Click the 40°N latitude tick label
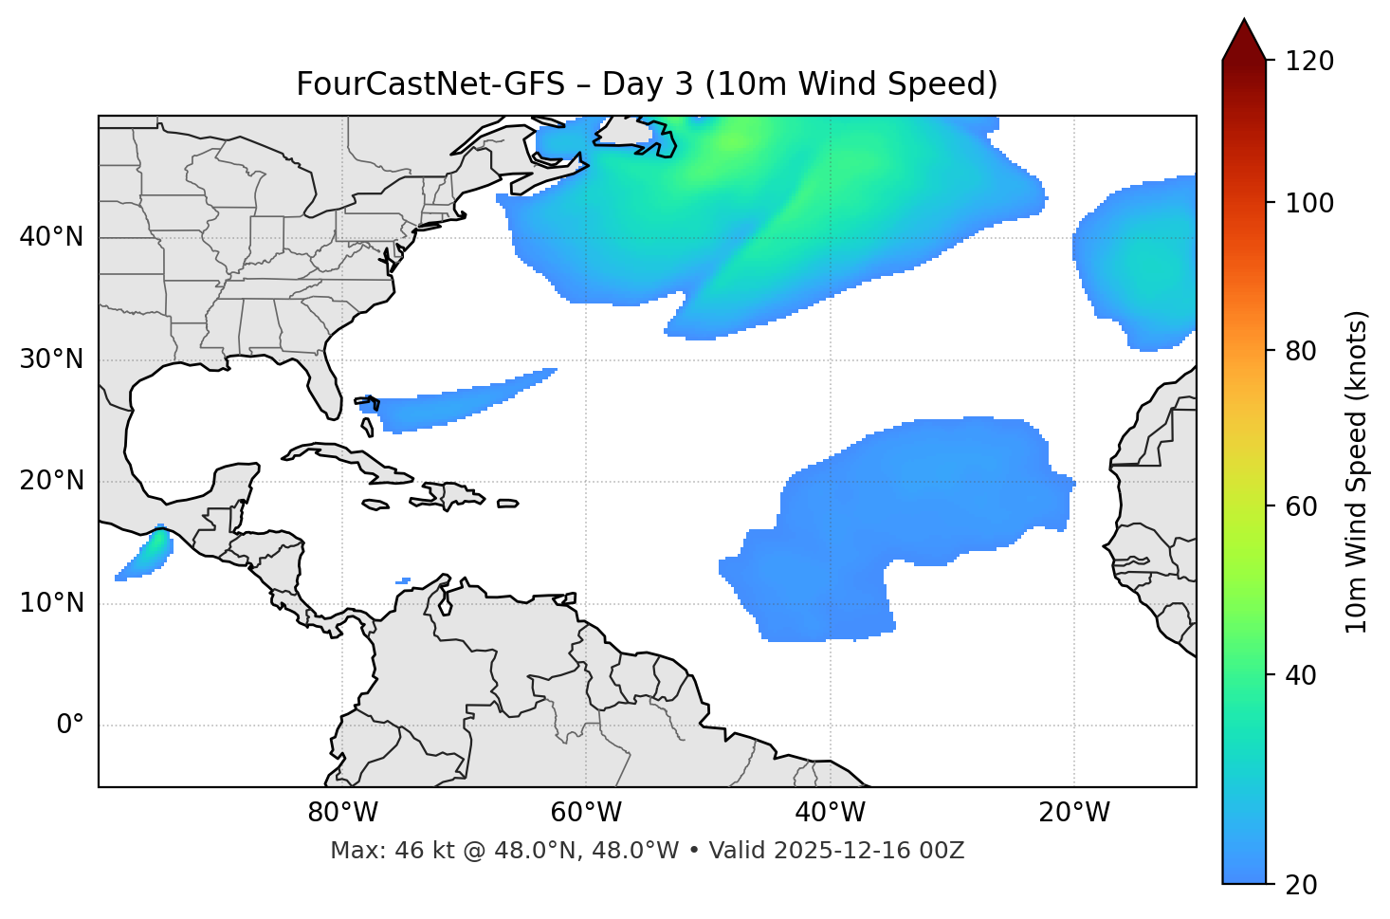coord(51,237)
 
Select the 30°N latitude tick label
coord(51,359)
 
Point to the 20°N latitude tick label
coord(51,481)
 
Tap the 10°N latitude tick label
coord(51,603)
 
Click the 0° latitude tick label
coord(70,726)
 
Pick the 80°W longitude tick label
coord(342,813)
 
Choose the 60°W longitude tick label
coord(586,813)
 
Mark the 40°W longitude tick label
coord(830,813)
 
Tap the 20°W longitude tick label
coord(1074,813)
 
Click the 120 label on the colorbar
coord(1309,61)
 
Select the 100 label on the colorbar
coord(1309,203)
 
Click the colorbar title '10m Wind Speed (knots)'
coord(1357,471)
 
